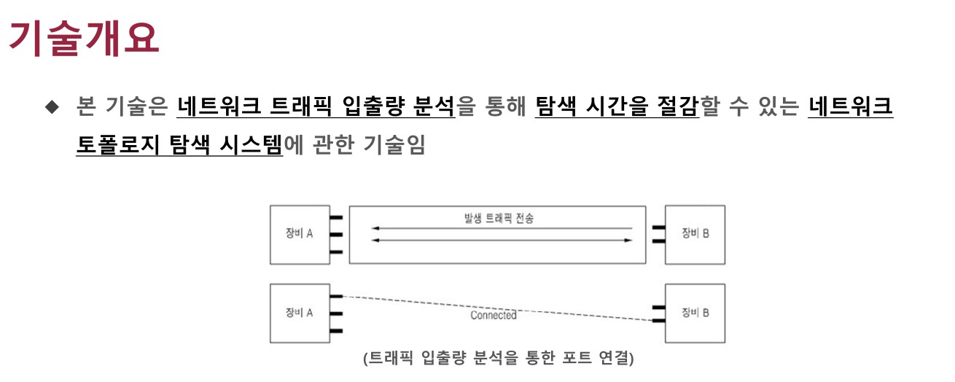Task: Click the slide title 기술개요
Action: coord(84,39)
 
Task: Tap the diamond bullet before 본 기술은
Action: coord(52,106)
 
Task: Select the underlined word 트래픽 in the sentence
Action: coord(301,106)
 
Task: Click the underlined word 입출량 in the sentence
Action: coord(373,106)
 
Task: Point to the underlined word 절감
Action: coord(677,106)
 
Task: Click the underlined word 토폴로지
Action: coord(117,144)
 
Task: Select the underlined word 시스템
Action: coord(251,144)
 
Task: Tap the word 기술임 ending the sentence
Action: coord(394,144)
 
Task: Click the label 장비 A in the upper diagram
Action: coord(300,233)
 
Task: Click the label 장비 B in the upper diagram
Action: coord(695,233)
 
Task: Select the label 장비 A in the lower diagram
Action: coord(300,313)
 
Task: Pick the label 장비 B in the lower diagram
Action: coord(695,313)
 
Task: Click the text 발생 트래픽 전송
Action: coord(499,218)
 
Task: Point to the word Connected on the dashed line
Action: coord(494,315)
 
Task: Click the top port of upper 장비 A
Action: coord(336,217)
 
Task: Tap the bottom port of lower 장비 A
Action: coord(336,331)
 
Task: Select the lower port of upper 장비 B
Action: coord(659,241)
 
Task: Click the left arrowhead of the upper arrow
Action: coord(375,228)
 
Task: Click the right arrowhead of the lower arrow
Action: coord(628,241)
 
